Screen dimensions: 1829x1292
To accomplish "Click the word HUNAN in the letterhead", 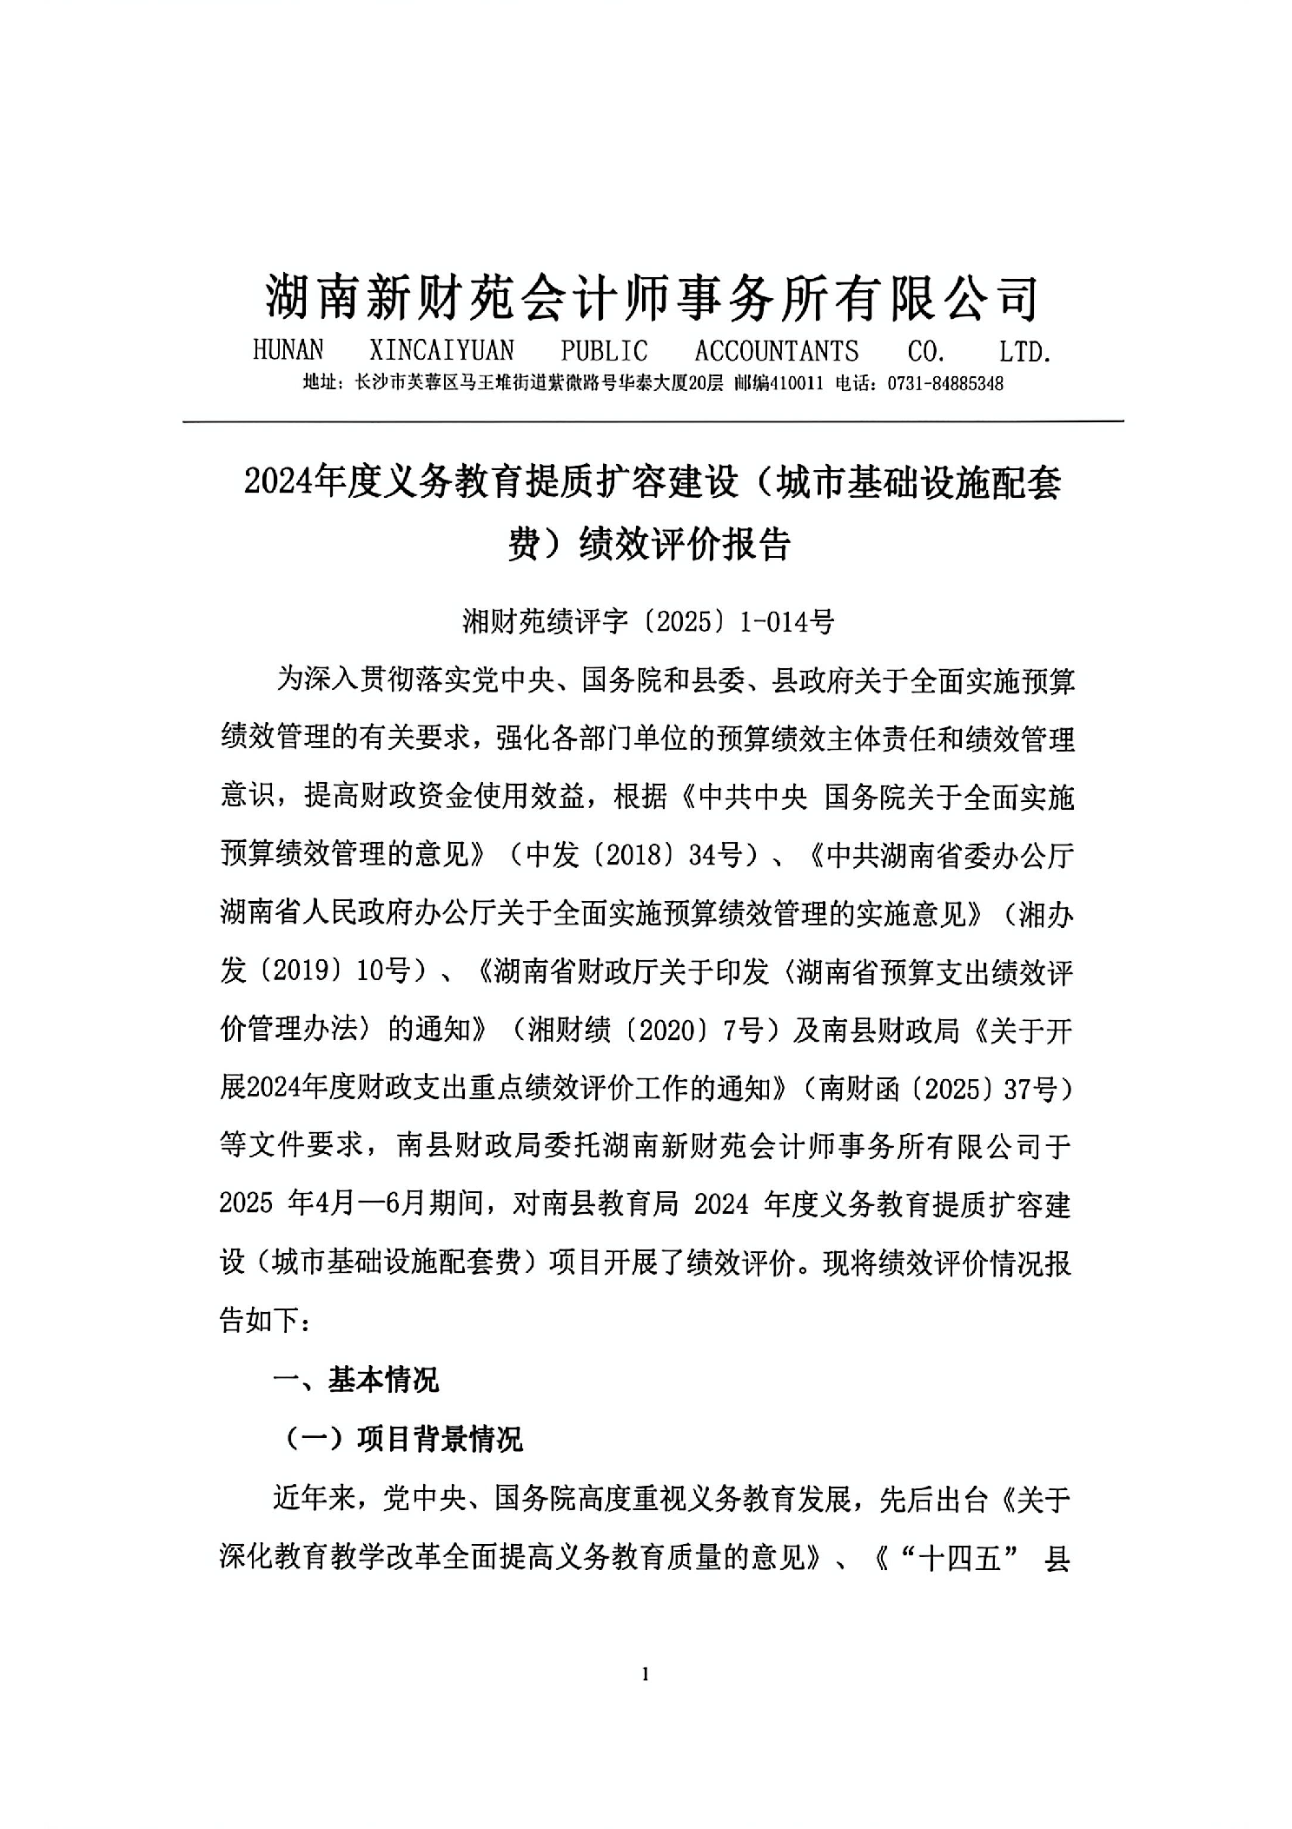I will tap(288, 351).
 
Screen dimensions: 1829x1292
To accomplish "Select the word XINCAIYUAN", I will tap(441, 351).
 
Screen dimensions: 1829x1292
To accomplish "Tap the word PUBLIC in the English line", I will tap(604, 351).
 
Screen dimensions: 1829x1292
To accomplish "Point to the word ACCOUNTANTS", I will tap(776, 351).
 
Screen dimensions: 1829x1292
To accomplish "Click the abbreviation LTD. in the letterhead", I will tap(1025, 351).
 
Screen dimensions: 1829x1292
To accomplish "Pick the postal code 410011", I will tap(794, 383).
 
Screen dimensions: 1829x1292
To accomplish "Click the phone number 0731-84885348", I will tap(945, 383).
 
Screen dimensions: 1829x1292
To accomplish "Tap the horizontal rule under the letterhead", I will tap(652, 422).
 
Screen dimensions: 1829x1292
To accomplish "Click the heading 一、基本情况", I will tap(356, 1380).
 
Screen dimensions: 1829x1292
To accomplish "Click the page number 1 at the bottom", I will tap(645, 1674).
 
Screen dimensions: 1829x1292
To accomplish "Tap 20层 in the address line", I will tap(705, 383).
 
